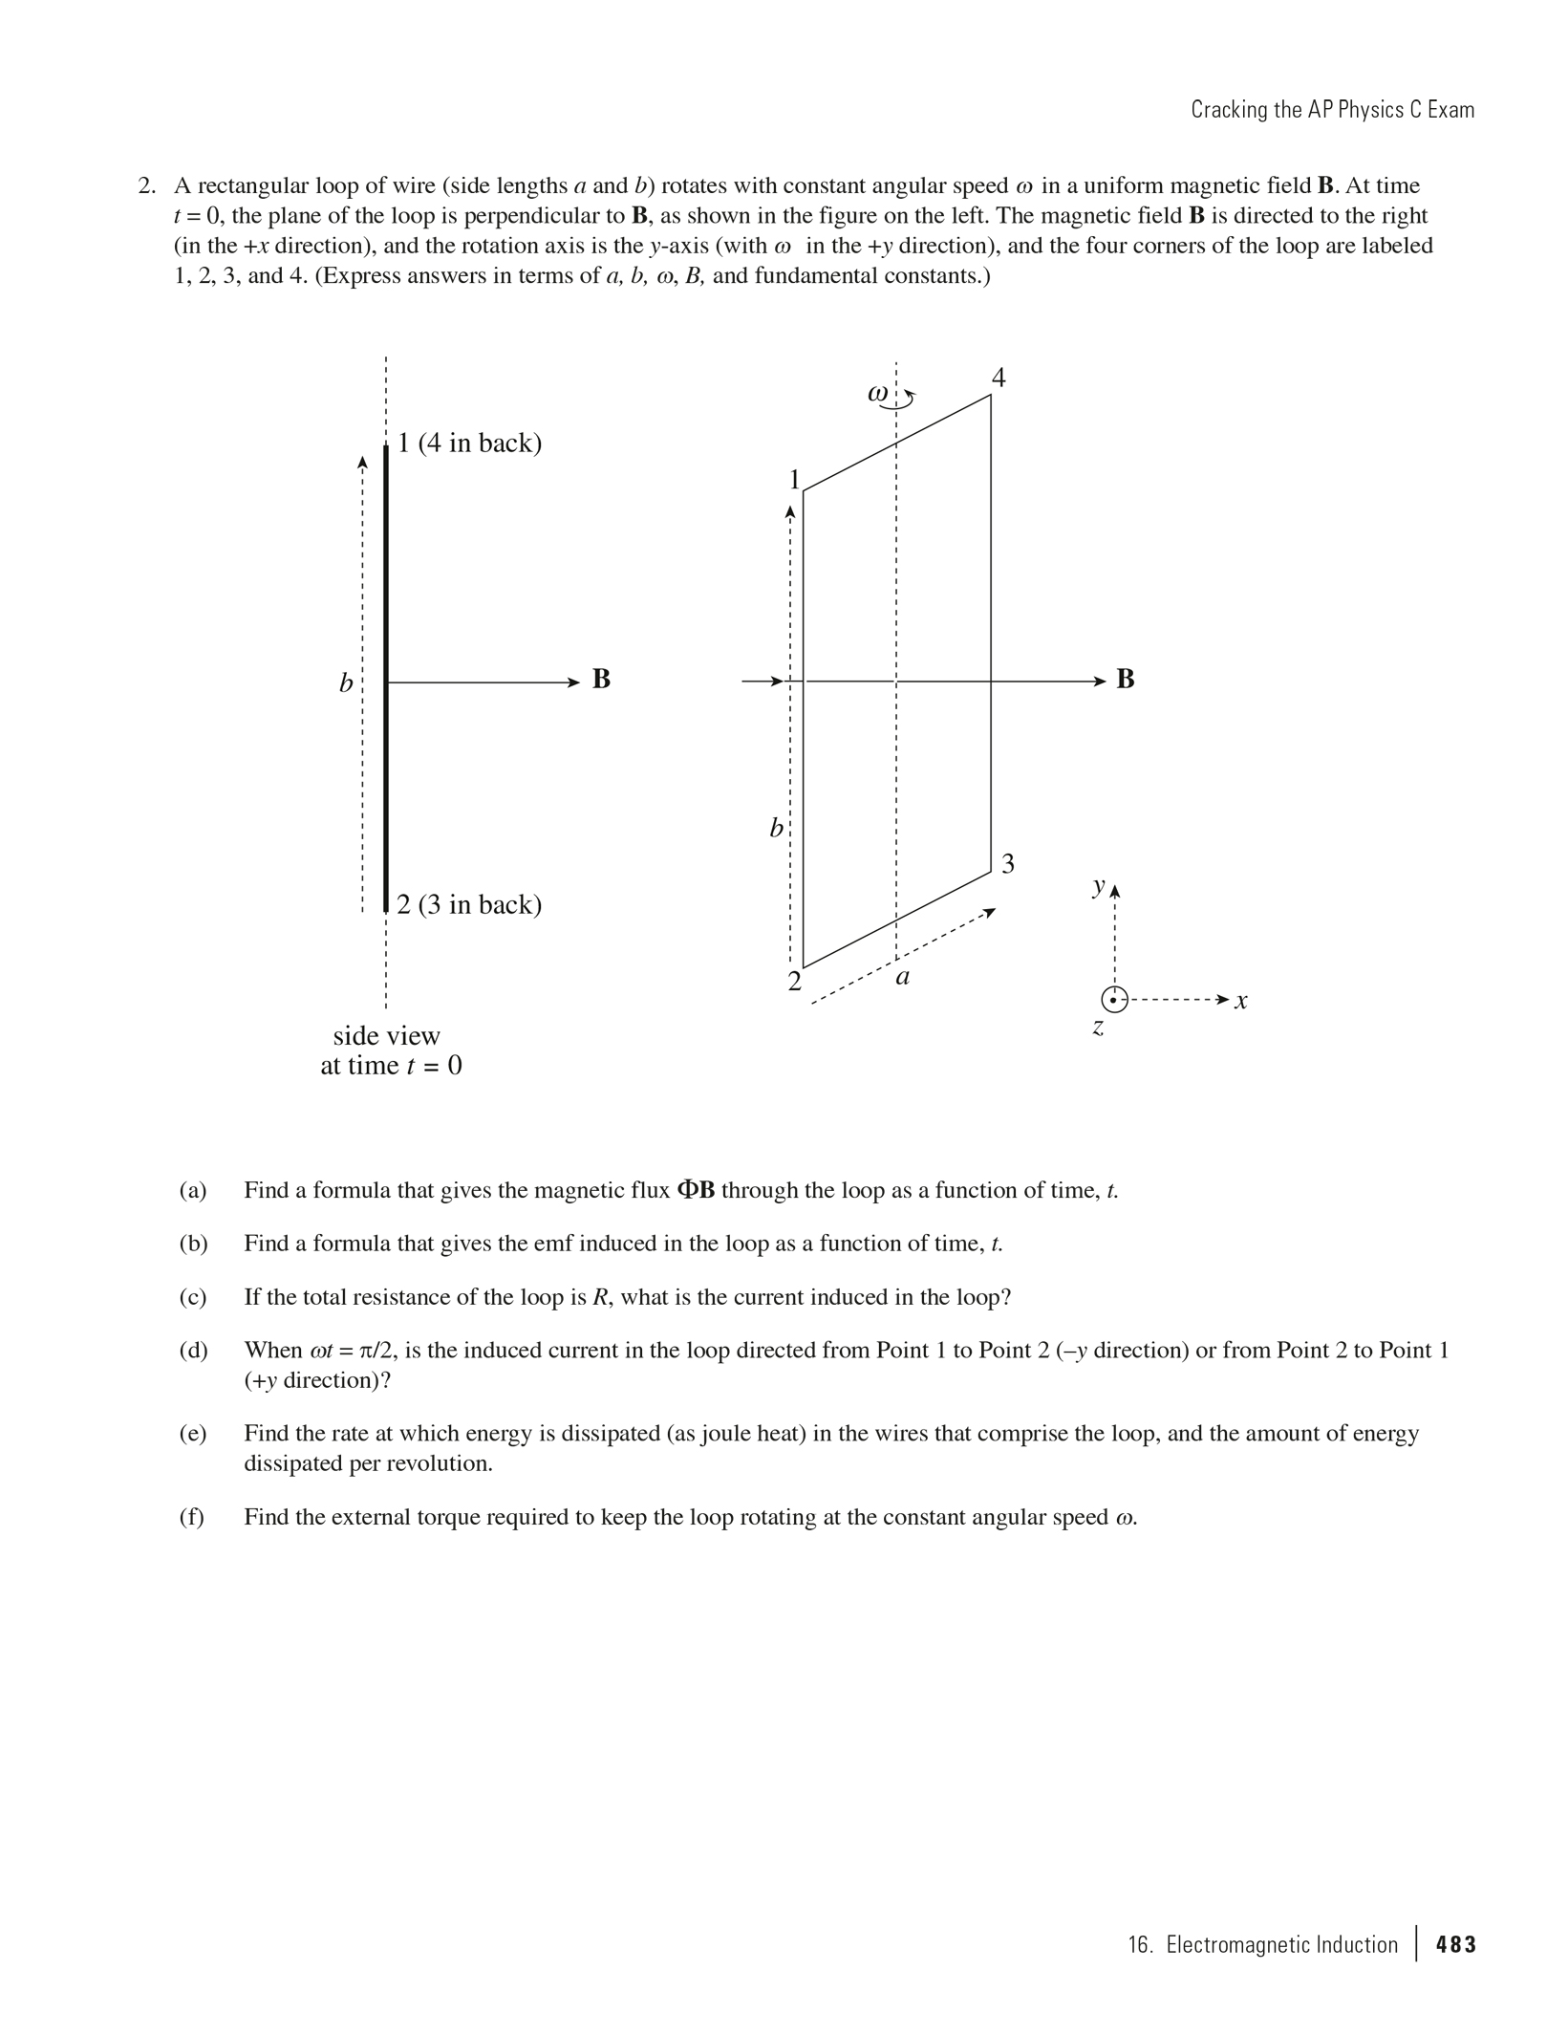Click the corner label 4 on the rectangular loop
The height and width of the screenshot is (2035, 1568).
tap(999, 378)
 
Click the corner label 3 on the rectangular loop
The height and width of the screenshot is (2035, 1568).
tap(1008, 864)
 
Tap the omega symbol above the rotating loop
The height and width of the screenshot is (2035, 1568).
tap(878, 393)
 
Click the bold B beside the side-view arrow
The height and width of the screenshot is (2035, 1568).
tap(601, 679)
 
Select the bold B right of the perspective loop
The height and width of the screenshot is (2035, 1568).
tap(1126, 679)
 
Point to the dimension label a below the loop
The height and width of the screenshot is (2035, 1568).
tap(902, 977)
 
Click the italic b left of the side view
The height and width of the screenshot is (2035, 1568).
tap(346, 683)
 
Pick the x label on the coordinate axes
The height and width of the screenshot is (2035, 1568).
tap(1240, 1001)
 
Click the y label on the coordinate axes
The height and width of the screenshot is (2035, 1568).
tap(1100, 886)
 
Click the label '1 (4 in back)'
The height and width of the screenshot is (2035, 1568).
tap(469, 444)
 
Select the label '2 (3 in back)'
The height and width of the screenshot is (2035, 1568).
tap(469, 904)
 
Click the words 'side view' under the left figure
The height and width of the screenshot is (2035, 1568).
tap(386, 1036)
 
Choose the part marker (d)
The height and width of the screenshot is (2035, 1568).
tap(193, 1350)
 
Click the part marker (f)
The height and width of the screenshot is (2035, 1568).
tap(192, 1517)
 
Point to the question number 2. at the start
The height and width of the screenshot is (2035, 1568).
tap(147, 185)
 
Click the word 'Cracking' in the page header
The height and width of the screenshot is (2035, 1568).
tap(1227, 110)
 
